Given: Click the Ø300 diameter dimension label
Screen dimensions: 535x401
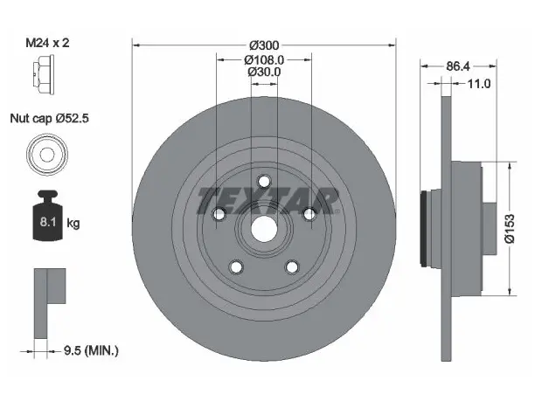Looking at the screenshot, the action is (264, 45).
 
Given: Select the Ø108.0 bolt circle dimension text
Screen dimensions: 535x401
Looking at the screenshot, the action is (264, 60).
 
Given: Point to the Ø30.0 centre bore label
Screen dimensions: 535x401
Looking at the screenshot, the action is (264, 72).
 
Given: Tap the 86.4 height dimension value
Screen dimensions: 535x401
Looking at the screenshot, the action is (458, 66).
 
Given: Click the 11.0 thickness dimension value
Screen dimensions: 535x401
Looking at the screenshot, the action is (478, 84).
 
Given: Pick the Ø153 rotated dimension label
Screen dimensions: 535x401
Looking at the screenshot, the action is (510, 229).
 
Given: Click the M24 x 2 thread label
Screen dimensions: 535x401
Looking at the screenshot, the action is (48, 43).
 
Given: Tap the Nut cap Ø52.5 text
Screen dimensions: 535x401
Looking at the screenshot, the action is (50, 118).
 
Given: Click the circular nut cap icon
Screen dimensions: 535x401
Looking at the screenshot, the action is (47, 155).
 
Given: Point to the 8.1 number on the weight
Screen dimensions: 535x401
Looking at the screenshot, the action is (48, 222).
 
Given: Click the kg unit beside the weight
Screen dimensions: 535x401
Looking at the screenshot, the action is (73, 224).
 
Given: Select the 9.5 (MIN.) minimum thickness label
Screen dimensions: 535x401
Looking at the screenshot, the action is (91, 350).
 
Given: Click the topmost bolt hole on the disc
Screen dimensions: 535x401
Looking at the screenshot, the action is (264, 181).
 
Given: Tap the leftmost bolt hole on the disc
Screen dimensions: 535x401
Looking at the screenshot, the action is (219, 214).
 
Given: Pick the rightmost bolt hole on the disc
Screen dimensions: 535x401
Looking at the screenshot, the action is (309, 214).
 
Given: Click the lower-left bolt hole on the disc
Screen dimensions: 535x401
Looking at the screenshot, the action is (236, 267).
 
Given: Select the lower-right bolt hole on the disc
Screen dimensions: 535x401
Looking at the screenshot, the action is (292, 267).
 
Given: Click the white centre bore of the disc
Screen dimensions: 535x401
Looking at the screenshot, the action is (264, 229).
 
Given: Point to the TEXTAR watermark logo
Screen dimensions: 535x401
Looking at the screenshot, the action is (268, 201).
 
